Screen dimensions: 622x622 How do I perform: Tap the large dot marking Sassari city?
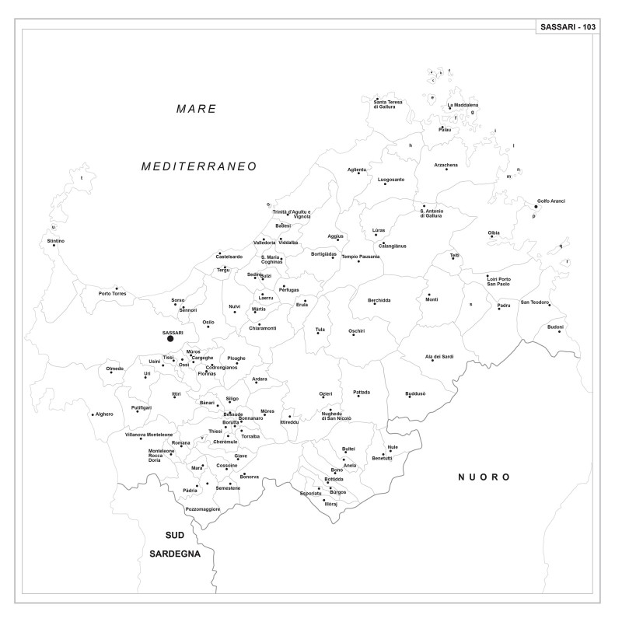(x=170, y=339)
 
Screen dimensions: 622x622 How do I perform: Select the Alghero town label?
(x=104, y=414)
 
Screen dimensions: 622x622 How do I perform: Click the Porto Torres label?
(x=113, y=294)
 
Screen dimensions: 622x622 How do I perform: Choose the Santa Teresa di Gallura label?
(x=389, y=104)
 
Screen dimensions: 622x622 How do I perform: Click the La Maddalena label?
(x=463, y=105)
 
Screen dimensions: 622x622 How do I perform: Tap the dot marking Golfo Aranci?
(x=536, y=207)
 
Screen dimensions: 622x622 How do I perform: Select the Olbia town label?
(x=494, y=233)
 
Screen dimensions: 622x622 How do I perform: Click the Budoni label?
(x=555, y=327)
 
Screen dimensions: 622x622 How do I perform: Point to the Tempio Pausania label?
(x=361, y=257)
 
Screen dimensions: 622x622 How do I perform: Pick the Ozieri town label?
(x=326, y=394)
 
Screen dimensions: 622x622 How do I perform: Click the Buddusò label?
(x=416, y=394)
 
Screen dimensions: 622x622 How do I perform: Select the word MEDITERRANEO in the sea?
(x=199, y=166)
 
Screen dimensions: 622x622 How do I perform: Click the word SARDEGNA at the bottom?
(x=175, y=554)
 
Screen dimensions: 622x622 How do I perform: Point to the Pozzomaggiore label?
(x=203, y=509)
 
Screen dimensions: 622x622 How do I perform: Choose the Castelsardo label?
(x=229, y=257)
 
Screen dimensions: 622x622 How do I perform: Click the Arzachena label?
(x=446, y=165)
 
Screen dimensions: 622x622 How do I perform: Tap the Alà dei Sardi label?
(x=439, y=356)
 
